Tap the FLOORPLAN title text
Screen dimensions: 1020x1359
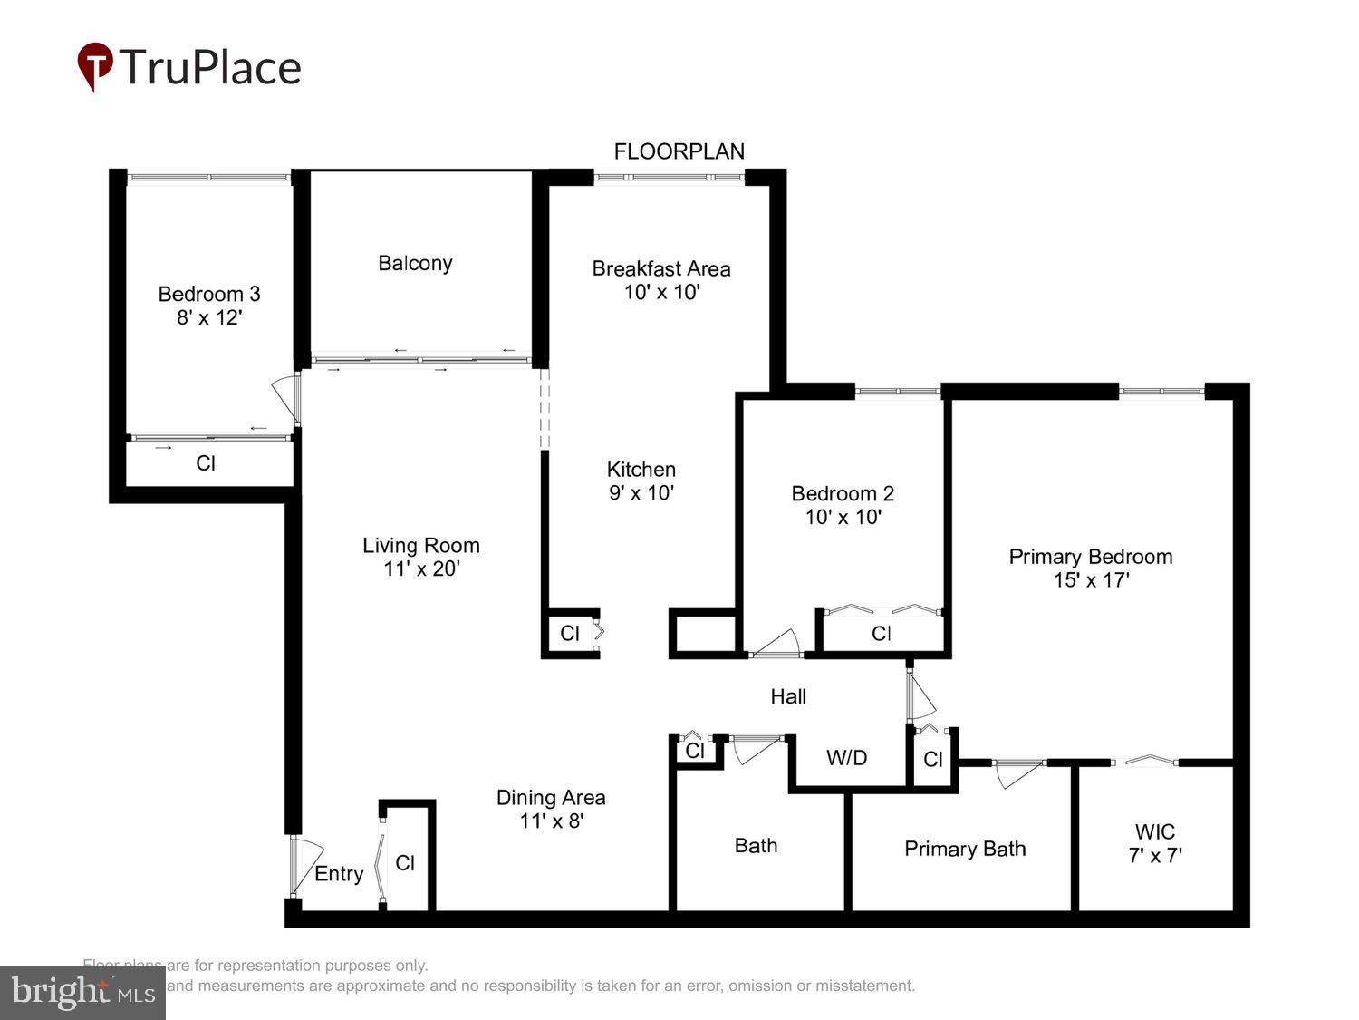pos(679,151)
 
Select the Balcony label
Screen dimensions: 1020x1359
pos(415,263)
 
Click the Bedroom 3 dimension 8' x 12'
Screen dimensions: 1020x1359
pos(209,317)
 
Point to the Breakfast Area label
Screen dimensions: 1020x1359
pos(661,268)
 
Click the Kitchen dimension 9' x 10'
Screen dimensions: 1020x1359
pos(641,493)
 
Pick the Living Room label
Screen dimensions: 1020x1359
pos(421,545)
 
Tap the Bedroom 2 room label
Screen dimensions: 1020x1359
pos(843,493)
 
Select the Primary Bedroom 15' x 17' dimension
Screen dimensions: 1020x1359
pos(1091,580)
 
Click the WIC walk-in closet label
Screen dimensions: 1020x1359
pos(1155,831)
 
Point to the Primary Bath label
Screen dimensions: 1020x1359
pos(965,849)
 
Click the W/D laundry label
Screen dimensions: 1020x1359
pos(846,758)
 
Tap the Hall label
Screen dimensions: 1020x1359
pos(788,696)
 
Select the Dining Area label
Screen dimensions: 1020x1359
pos(551,798)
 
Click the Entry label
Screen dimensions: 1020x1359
pos(339,874)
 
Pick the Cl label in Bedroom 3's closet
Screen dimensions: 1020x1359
pos(206,463)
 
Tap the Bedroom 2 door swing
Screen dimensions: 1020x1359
pos(777,643)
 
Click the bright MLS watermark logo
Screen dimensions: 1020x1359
pos(82,992)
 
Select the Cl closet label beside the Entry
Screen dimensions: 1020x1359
pos(405,863)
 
